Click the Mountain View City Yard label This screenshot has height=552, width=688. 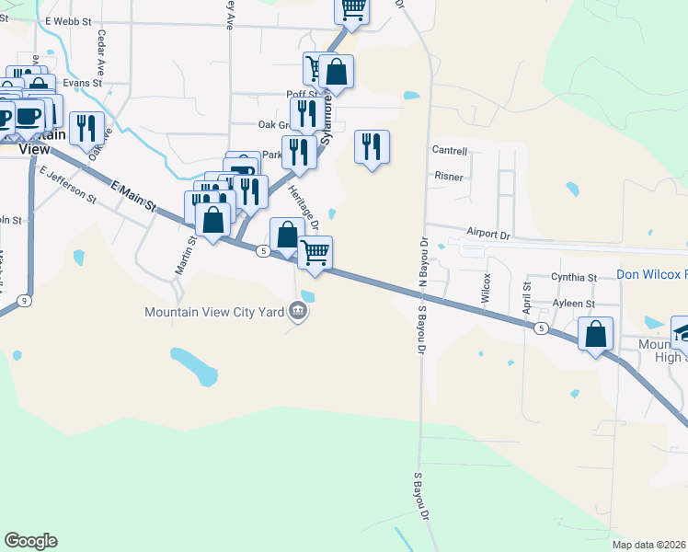213,312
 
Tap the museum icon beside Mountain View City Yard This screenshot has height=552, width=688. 297,312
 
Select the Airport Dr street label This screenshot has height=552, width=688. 487,234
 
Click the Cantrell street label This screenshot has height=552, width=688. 450,151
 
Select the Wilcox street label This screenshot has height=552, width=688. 486,287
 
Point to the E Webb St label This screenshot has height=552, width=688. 70,19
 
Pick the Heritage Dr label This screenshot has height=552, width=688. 303,208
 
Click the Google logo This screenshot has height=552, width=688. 30,541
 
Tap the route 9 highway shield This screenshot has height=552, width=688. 23,300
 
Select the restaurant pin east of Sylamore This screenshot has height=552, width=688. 372,147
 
